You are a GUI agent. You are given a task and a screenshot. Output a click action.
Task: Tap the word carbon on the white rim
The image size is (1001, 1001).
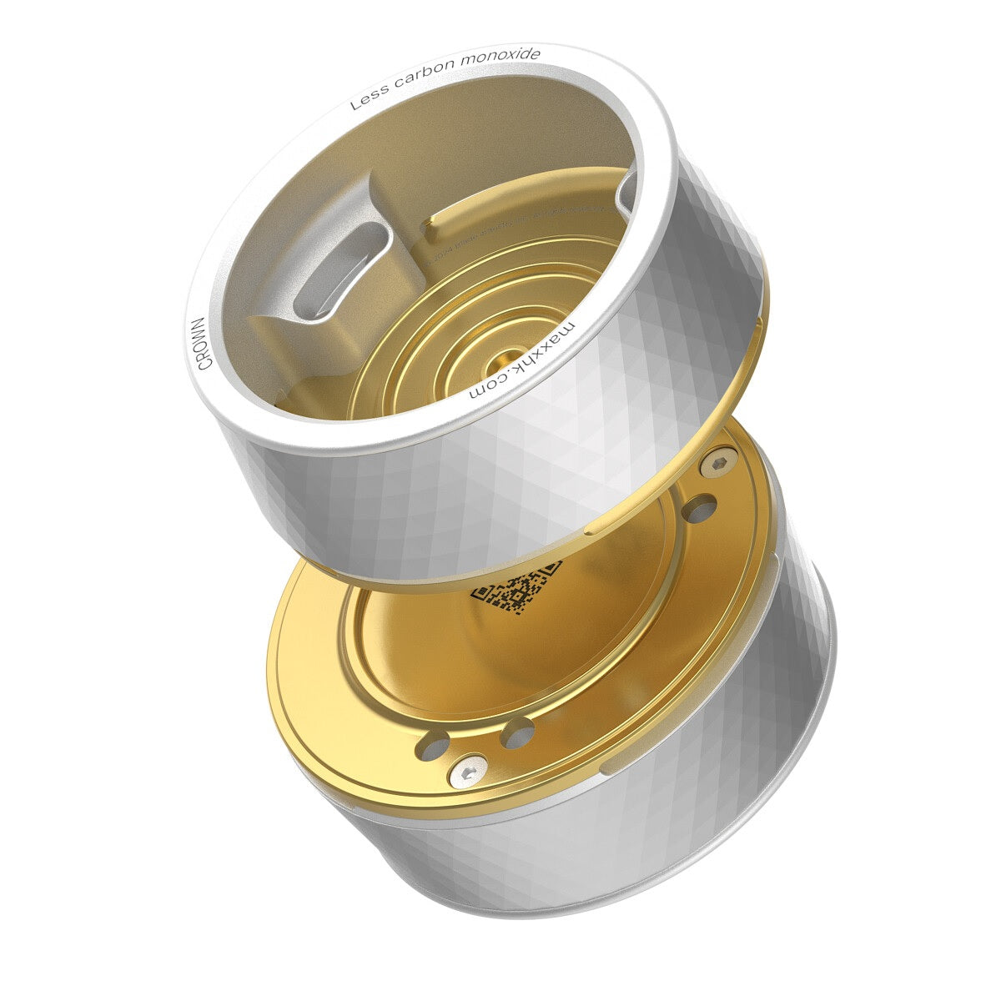(426, 78)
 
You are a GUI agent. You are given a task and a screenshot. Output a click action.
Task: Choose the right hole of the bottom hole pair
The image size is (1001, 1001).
(518, 734)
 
